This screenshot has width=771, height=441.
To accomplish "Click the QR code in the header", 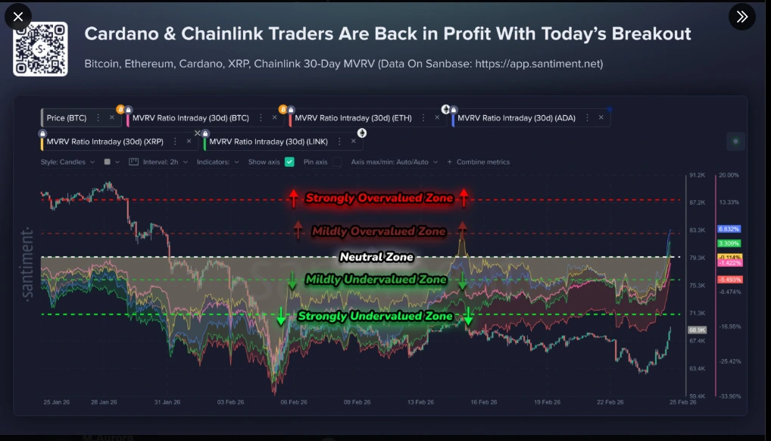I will coord(40,49).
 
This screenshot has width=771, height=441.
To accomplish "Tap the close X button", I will coord(18,17).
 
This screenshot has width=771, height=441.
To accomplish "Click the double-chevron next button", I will coord(741,17).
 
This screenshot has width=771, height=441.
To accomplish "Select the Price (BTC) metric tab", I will coord(67,117).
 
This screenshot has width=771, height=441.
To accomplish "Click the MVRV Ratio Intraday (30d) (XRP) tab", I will coord(105,141).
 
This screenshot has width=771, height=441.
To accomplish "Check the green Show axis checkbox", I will coord(289,161).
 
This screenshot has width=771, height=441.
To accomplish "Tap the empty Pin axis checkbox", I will coord(336,161).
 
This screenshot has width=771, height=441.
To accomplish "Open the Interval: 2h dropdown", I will coord(161,161).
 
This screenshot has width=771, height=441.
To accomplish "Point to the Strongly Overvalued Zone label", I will coord(379,199).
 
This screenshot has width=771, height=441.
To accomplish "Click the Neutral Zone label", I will coord(376,257).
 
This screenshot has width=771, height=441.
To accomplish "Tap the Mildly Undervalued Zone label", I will coord(376,280).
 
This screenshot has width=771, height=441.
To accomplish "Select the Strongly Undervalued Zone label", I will coord(375,316).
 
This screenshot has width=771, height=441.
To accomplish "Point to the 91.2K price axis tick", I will coord(697,175).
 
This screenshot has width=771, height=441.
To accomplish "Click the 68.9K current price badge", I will coord(697,330).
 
